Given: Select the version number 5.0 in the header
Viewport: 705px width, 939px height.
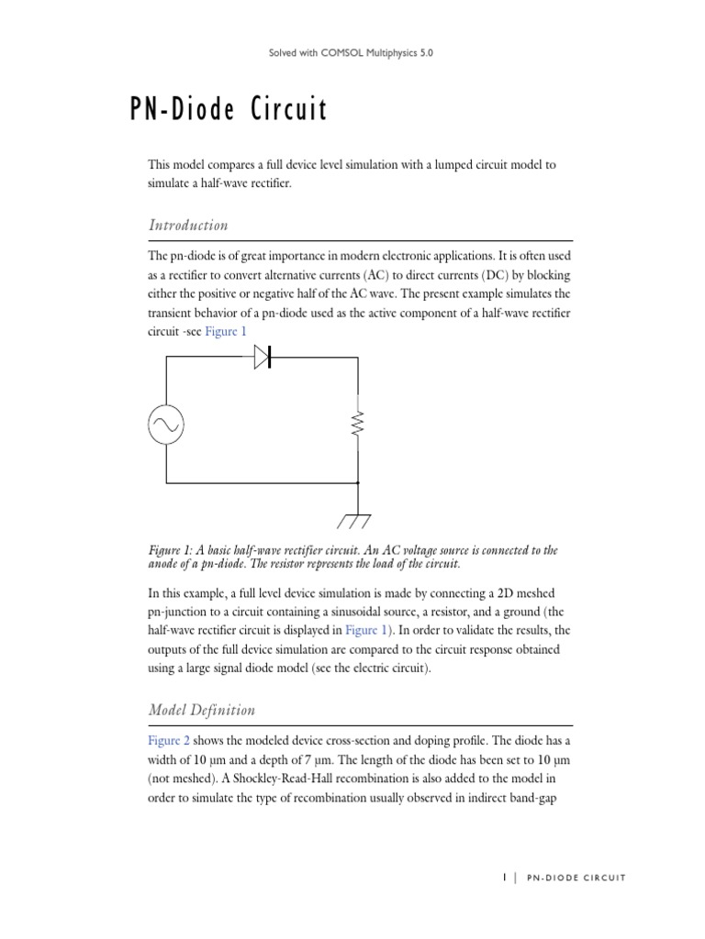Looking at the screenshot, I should tap(424, 53).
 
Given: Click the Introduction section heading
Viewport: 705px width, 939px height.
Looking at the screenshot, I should tap(188, 226).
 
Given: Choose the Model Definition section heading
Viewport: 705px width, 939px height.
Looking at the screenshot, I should tap(202, 710).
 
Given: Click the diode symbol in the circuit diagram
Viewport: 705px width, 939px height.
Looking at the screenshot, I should tap(263, 359).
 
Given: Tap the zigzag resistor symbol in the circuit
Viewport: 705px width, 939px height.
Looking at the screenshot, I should tap(358, 424).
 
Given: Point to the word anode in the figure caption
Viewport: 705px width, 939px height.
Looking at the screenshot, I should tap(166, 564).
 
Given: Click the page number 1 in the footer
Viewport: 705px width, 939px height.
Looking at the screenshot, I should tap(504, 878).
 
